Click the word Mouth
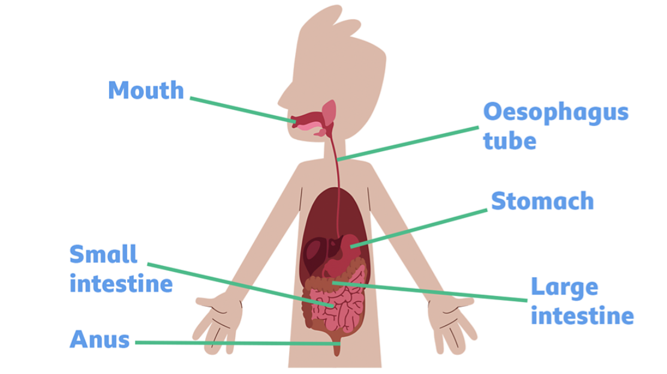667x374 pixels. [146, 90]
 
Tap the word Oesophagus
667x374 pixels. [555, 113]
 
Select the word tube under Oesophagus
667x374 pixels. [510, 140]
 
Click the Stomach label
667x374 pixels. [542, 201]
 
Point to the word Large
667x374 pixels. [564, 287]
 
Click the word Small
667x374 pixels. [103, 255]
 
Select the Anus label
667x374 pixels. [100, 340]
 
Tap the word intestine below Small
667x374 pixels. [121, 284]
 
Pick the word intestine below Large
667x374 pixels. [582, 316]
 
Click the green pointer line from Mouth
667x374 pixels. [243, 110]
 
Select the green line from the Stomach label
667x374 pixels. [419, 228]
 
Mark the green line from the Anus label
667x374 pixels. [238, 343]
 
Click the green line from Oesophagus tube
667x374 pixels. [408, 143]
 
